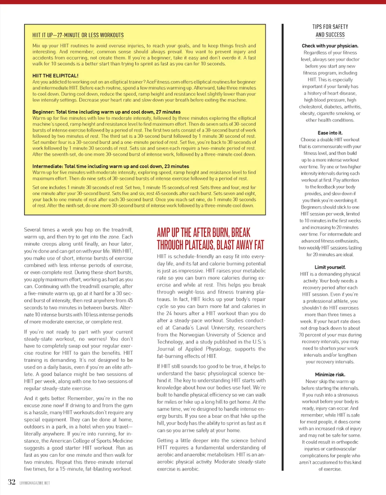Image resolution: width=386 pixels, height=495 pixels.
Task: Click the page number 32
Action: tap(11, 482)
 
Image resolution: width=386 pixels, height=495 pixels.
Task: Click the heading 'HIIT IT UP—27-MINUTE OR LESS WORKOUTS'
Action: tap(78, 35)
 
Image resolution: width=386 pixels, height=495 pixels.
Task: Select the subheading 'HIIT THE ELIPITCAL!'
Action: tap(55, 75)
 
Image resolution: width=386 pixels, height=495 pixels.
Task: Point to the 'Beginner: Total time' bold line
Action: tap(107, 112)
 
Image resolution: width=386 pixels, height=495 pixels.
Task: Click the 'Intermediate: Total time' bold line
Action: tap(111, 166)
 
